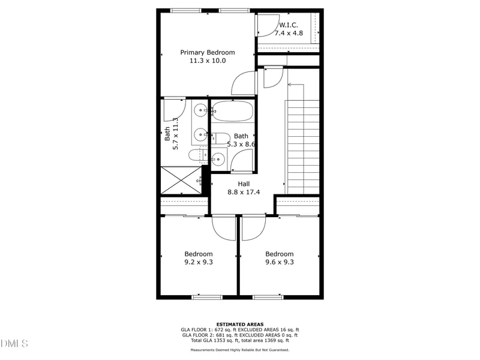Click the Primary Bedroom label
click(208, 52)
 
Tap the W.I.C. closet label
click(289, 25)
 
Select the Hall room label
click(244, 184)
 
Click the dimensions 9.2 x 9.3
click(198, 262)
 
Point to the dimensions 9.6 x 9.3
click(280, 262)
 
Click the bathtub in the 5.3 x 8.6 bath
click(232, 112)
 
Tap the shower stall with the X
click(181, 180)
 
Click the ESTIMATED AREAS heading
click(240, 325)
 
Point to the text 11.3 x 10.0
click(208, 61)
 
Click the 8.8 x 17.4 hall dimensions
click(244, 192)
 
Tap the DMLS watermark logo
click(14, 344)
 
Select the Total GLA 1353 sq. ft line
click(240, 340)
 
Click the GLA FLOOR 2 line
click(240, 335)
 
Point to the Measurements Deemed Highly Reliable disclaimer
click(240, 350)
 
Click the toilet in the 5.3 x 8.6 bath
click(220, 138)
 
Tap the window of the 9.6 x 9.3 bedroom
click(268, 296)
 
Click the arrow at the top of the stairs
click(290, 85)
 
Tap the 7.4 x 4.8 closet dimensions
click(289, 34)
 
